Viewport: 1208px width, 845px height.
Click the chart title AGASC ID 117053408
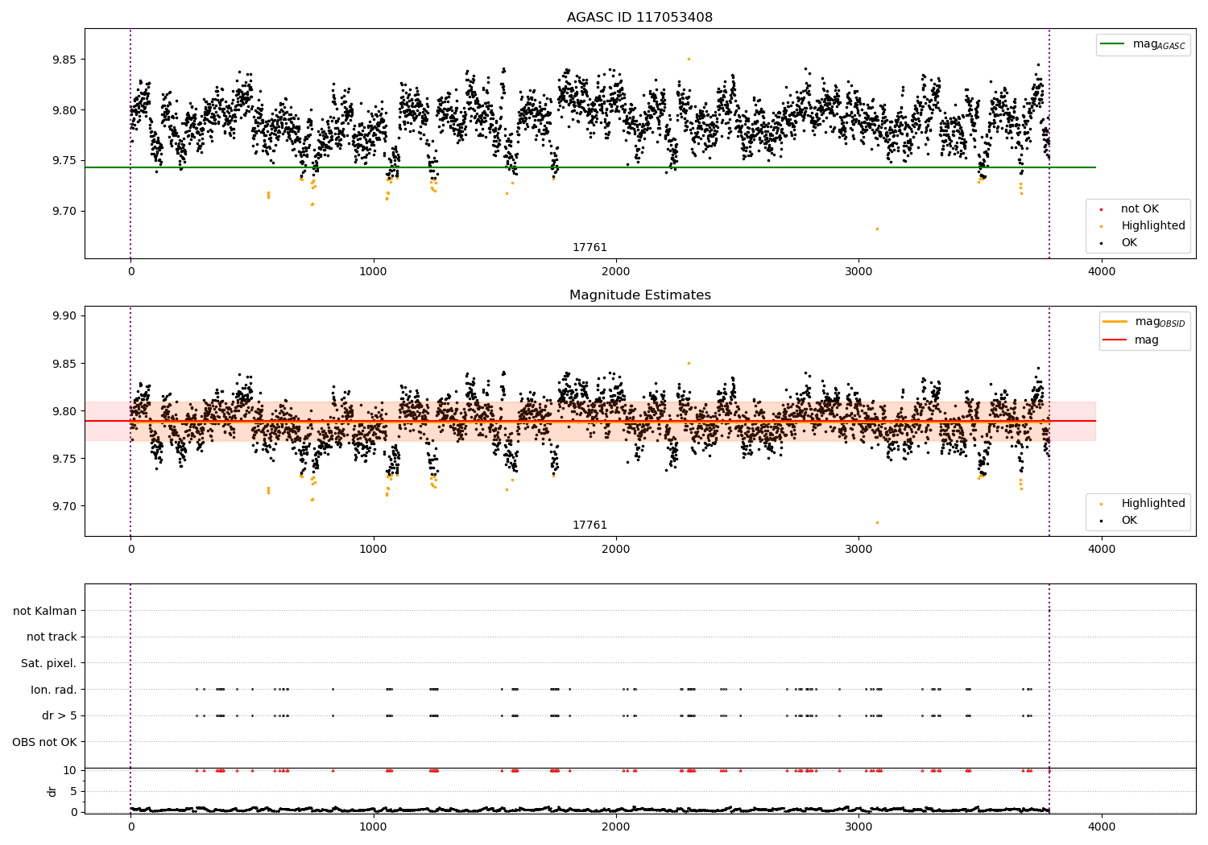[x=639, y=18]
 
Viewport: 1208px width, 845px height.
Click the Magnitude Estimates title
[x=639, y=295]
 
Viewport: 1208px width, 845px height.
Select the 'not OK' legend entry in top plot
[x=1139, y=209]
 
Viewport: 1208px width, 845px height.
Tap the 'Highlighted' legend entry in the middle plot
[x=1152, y=504]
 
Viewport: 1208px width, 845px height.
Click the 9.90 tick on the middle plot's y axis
[x=64, y=315]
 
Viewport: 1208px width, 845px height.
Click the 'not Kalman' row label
[x=45, y=611]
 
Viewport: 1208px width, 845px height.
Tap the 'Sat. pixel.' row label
[x=48, y=663]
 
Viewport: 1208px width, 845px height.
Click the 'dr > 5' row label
[x=60, y=715]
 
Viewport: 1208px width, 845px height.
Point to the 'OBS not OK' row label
[x=44, y=742]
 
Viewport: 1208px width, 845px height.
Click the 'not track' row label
[x=52, y=637]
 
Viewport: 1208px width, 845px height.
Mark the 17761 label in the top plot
[x=590, y=248]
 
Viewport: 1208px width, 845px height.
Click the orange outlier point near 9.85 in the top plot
[x=689, y=59]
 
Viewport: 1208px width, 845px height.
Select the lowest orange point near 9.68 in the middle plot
[x=877, y=522]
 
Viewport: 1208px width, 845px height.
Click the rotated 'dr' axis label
[x=52, y=791]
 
